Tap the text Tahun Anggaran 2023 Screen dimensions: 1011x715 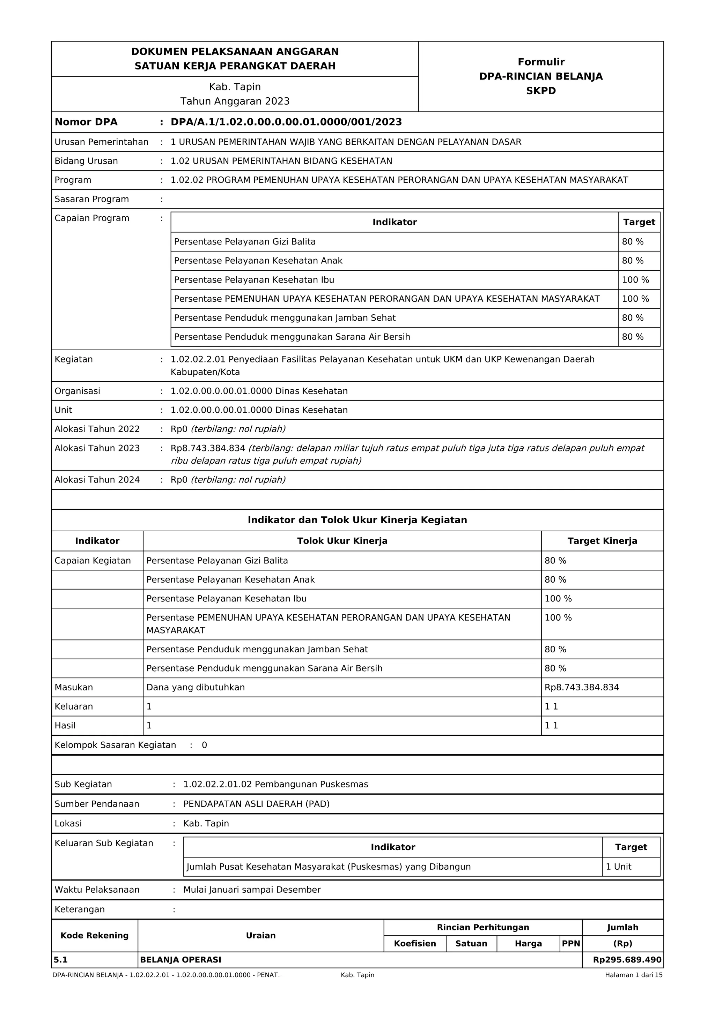(x=235, y=101)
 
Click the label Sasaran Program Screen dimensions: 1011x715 (x=91, y=199)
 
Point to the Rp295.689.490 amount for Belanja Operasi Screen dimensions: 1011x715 (x=627, y=960)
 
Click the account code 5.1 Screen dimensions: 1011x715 (x=61, y=960)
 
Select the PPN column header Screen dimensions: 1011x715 (x=570, y=944)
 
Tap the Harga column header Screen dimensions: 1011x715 (x=528, y=944)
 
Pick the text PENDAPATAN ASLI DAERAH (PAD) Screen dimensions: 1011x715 (x=256, y=804)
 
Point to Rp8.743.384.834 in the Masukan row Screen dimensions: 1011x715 (x=582, y=687)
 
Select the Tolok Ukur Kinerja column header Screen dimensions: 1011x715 (x=342, y=541)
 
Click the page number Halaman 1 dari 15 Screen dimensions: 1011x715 (x=633, y=975)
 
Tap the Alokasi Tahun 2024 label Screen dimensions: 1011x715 (x=97, y=480)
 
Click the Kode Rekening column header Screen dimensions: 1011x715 (x=94, y=936)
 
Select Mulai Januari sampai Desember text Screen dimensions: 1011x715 (x=252, y=890)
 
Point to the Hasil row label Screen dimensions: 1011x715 (x=65, y=725)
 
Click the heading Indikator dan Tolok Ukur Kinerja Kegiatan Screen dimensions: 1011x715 (x=357, y=520)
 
